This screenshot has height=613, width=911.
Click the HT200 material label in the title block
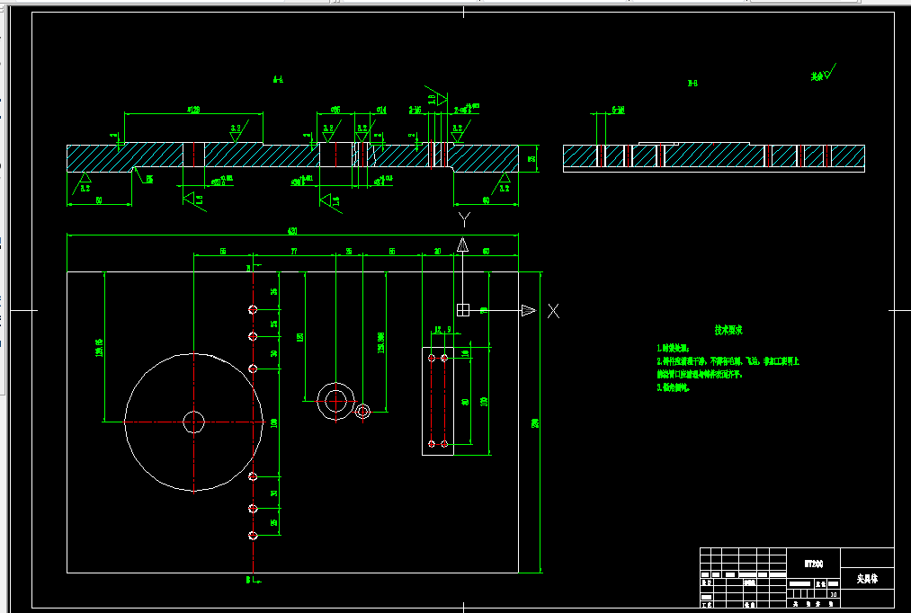tap(813, 564)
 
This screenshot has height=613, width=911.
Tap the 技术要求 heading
tap(728, 331)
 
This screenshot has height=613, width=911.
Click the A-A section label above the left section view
tap(278, 80)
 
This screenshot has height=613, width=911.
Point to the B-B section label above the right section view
tap(692, 84)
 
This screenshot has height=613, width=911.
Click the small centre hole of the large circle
tap(193, 422)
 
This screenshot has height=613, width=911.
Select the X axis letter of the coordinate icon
tap(554, 311)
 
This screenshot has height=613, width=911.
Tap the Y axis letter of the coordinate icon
tap(463, 218)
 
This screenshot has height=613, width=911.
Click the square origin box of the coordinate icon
tap(463, 310)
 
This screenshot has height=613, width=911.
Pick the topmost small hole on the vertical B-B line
tap(253, 310)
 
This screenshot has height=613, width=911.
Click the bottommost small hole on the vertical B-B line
tap(253, 537)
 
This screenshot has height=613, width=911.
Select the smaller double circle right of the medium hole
tap(362, 412)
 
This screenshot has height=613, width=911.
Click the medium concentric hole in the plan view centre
tap(335, 401)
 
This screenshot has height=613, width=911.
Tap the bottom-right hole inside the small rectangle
tap(443, 443)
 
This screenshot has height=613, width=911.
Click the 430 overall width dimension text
tap(292, 231)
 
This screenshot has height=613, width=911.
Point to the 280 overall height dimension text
tap(534, 423)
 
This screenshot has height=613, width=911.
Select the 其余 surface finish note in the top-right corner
tap(817, 76)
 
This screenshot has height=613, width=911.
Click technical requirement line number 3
tap(675, 387)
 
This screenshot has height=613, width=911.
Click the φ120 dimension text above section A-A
tap(193, 110)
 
